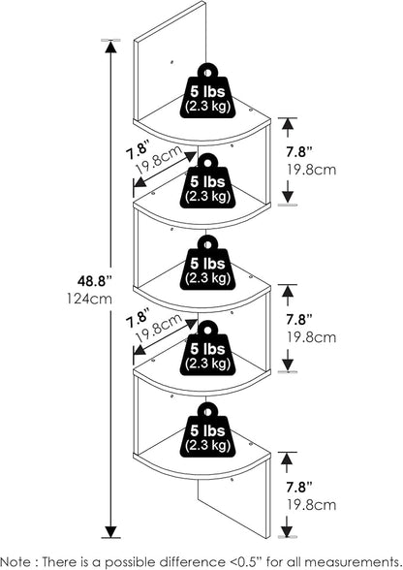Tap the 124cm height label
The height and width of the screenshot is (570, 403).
(x=89, y=299)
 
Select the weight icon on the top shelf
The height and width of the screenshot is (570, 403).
(x=208, y=91)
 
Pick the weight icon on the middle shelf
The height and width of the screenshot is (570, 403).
(x=208, y=263)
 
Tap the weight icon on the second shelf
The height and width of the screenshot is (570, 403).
(x=208, y=181)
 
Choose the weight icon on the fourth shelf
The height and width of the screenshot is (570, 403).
(x=208, y=348)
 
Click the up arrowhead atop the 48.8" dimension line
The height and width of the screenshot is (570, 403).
(x=110, y=47)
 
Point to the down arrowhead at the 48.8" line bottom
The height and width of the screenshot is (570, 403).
(x=110, y=531)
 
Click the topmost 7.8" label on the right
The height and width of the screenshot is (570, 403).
(x=299, y=152)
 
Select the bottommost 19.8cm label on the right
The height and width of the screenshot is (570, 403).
(x=312, y=505)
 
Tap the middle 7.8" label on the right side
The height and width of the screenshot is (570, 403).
(x=299, y=319)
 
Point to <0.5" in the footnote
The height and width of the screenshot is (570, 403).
(x=246, y=561)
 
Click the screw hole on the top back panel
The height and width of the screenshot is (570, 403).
(x=171, y=62)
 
